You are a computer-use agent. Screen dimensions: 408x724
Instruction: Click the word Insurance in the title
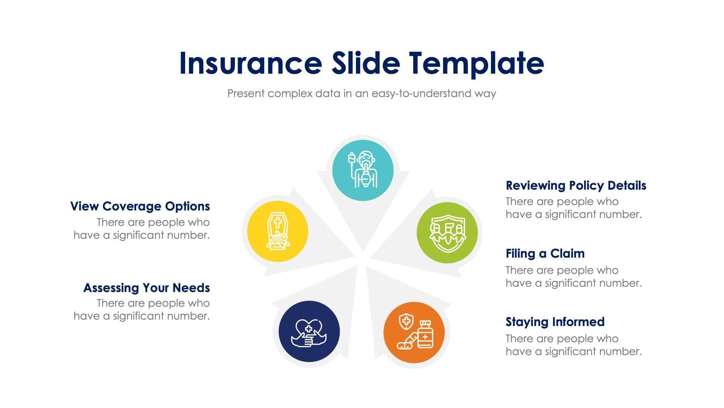click(250, 63)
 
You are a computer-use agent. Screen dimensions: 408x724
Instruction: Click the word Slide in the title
click(365, 63)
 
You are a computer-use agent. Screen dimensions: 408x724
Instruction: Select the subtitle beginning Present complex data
click(362, 93)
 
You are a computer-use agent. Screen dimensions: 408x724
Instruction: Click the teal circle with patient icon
click(363, 170)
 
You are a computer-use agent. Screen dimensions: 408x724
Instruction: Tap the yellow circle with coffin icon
click(278, 231)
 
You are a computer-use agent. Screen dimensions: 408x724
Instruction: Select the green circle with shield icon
click(447, 232)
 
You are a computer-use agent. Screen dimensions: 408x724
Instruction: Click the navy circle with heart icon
click(309, 331)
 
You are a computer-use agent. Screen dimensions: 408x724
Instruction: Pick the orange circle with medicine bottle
click(414, 332)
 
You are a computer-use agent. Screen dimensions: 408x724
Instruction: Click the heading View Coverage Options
click(140, 206)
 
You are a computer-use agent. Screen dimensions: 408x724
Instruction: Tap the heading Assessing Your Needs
click(146, 288)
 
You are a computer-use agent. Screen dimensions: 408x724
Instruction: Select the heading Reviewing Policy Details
click(576, 185)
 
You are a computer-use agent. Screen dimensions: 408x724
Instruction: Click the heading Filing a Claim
click(545, 253)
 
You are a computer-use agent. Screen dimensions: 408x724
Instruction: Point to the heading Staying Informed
click(555, 322)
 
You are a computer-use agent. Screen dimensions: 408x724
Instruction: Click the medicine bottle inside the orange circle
click(425, 335)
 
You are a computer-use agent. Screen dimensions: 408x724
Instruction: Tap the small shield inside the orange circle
click(406, 321)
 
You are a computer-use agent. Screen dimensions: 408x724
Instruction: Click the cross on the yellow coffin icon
click(278, 223)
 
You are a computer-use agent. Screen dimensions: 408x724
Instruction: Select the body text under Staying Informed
click(573, 345)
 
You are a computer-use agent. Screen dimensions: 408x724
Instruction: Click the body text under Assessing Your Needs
click(142, 309)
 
